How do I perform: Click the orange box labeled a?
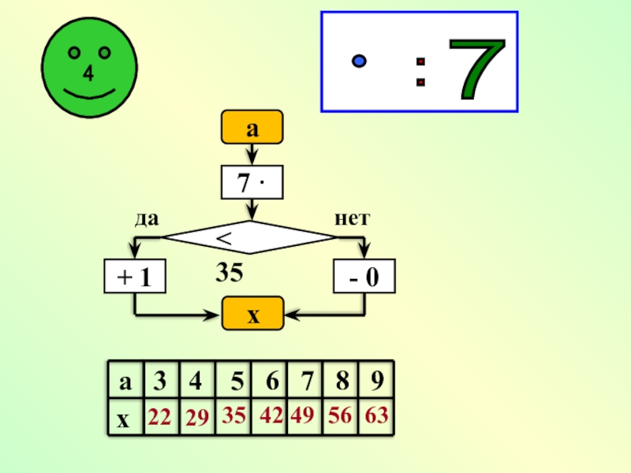coord(252,128)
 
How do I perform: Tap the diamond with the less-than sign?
coord(250,236)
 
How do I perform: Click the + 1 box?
coord(136,277)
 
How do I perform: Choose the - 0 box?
coord(364,277)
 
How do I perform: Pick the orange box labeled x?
coord(252,315)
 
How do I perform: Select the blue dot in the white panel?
coord(359,60)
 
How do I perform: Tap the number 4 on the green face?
coord(88,74)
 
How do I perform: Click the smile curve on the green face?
coord(88,93)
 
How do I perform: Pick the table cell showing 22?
coord(160,418)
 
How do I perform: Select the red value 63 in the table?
coord(376,415)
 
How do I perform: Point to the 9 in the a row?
coord(377,382)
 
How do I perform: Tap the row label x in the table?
coord(123,419)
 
